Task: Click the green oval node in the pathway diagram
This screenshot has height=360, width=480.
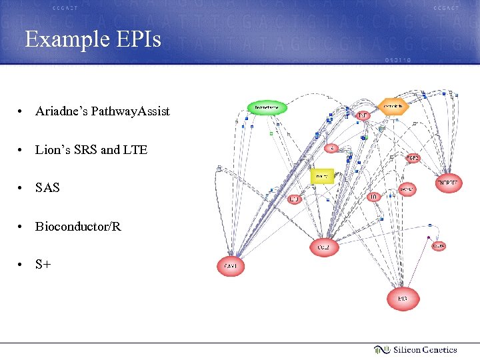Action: (267, 107)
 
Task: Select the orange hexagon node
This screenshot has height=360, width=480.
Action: (393, 106)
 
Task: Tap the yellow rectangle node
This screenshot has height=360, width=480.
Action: (322, 176)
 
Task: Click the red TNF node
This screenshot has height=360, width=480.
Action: (362, 115)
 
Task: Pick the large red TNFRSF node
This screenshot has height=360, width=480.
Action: (448, 183)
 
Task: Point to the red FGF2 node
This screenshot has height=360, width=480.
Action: (413, 158)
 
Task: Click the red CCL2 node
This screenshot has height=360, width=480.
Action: (323, 247)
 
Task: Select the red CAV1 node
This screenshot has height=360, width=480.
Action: (231, 267)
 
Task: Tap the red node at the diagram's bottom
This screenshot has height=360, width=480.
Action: (403, 299)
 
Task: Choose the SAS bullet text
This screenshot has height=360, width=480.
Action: (47, 188)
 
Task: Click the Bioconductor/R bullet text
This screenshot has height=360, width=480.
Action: (79, 226)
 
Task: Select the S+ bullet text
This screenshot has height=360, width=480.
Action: (43, 264)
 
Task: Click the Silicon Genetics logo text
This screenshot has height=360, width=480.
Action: (425, 349)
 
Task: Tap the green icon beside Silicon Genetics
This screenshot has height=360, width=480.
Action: (381, 349)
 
